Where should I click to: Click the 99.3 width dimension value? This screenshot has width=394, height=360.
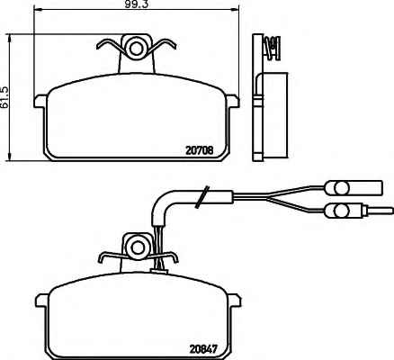coord(137,4)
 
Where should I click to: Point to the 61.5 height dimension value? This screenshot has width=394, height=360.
coord(4,97)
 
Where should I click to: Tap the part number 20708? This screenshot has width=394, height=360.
coord(200,150)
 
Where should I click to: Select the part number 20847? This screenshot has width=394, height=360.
coord(203,349)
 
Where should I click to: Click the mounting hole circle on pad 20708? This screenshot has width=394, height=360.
coord(137,49)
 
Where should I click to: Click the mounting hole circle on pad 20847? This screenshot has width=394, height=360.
coord(139,247)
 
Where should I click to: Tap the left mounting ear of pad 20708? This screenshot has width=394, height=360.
coord(40,101)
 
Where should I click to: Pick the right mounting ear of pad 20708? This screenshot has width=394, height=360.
coord(232,101)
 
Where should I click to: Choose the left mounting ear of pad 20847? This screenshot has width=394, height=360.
coord(42,300)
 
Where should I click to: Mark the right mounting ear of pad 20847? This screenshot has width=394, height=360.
coord(234,300)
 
